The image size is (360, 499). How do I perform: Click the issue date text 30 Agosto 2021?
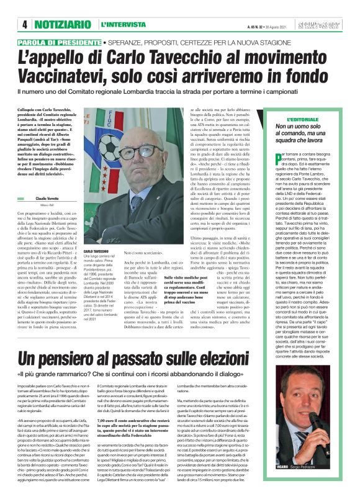279,26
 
